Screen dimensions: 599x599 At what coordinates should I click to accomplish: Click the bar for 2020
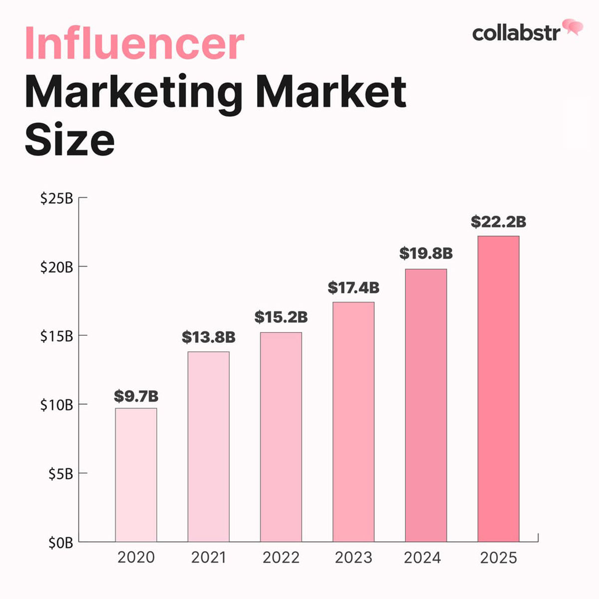[136, 475]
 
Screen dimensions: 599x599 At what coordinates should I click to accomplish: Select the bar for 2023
[353, 422]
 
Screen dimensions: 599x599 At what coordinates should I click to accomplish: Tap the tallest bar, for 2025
[498, 389]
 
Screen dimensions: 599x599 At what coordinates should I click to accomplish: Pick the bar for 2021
[208, 447]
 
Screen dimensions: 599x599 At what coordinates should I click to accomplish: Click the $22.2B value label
[498, 222]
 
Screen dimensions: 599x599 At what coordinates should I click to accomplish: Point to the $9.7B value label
[136, 396]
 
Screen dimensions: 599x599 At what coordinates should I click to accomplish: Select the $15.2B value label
[281, 317]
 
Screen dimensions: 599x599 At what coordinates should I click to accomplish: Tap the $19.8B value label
[426, 253]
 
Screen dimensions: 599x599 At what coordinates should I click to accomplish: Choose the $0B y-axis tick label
[60, 543]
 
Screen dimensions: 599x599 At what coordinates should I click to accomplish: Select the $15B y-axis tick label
[56, 336]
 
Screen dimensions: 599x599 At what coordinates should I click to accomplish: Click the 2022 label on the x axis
[281, 558]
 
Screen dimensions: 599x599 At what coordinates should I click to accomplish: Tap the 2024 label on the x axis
[422, 558]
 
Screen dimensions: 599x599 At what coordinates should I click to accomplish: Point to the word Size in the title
[69, 139]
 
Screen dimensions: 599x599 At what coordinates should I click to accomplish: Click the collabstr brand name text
[516, 33]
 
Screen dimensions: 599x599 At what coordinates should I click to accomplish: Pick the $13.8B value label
[209, 337]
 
